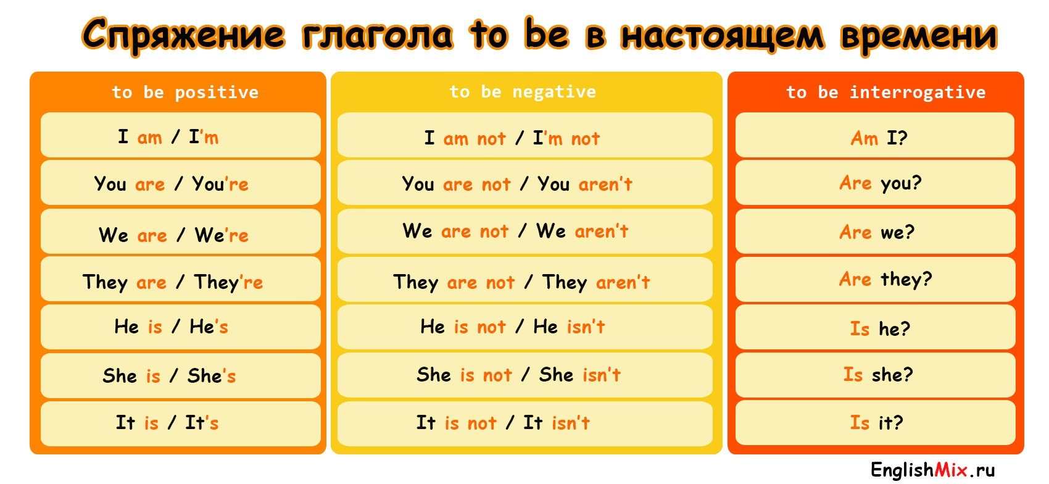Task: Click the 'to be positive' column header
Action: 185,93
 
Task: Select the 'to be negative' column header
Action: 523,92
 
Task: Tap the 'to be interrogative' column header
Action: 885,93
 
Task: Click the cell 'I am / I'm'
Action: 181,135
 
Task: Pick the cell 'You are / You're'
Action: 181,183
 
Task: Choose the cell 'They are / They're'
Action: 181,279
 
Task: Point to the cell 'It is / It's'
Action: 181,423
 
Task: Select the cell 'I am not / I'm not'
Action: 525,135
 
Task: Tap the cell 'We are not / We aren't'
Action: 525,232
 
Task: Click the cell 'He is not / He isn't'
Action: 525,327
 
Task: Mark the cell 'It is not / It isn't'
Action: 525,423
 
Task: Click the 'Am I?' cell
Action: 875,135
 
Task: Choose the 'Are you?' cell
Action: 875,183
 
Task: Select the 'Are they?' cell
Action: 875,279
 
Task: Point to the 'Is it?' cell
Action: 875,423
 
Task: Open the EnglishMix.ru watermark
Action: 933,470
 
